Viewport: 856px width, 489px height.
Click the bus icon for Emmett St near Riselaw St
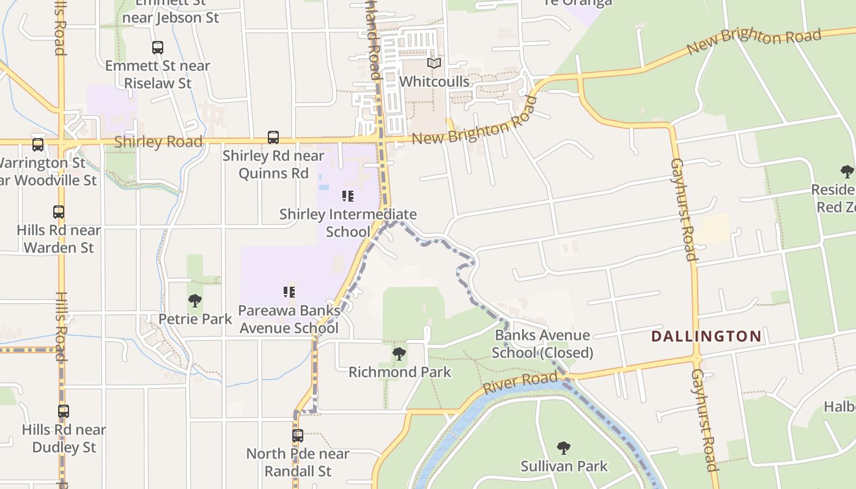tap(157, 47)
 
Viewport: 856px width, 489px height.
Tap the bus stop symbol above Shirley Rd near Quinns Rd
tap(273, 138)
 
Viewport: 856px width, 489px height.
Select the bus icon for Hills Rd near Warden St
tap(59, 212)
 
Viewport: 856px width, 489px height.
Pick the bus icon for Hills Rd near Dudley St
tap(64, 411)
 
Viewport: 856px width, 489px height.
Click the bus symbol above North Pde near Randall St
tap(298, 436)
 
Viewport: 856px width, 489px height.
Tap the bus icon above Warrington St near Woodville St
tap(38, 145)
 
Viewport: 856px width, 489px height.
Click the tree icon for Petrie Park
tap(195, 301)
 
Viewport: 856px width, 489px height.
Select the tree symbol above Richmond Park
tap(399, 354)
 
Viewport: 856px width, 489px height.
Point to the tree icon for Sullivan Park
tap(564, 448)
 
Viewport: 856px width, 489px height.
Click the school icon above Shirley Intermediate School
tap(348, 196)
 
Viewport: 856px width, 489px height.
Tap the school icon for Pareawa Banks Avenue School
tap(289, 292)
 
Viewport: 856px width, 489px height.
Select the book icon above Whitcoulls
tap(434, 63)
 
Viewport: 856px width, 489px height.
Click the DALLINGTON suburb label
tap(706, 336)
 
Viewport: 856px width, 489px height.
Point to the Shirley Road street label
tap(158, 142)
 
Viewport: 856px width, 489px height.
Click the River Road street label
tap(520, 383)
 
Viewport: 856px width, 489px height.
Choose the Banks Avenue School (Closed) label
tap(542, 344)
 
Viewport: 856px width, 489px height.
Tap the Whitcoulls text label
tap(434, 81)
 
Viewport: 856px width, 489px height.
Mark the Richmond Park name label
tap(400, 372)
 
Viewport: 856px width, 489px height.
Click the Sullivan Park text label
tap(564, 466)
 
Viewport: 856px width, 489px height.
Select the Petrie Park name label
tap(195, 319)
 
